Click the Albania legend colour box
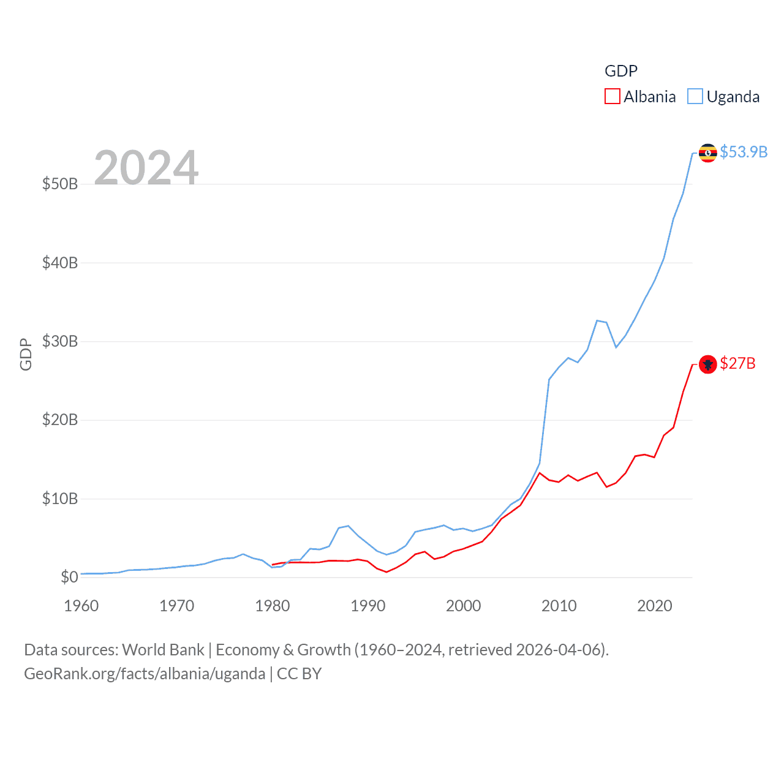coord(612,97)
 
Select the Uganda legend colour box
coord(695,97)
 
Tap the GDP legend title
coord(620,71)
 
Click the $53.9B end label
coord(744,152)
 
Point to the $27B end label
coord(737,363)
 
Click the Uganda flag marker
coord(708,153)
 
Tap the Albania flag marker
coord(708,364)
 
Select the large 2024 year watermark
coord(146,167)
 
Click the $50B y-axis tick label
coord(60,184)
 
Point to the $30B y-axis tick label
coord(60,341)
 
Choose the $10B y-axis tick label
coord(60,499)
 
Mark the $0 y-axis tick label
coord(69,577)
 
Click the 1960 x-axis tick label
coord(81,606)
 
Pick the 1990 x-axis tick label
coord(368,606)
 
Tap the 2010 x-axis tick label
coord(559,606)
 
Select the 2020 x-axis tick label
coord(655,606)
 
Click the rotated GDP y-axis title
coord(26,354)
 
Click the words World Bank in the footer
coord(163,649)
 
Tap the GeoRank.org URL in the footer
coord(145,674)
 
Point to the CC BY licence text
coord(299,674)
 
